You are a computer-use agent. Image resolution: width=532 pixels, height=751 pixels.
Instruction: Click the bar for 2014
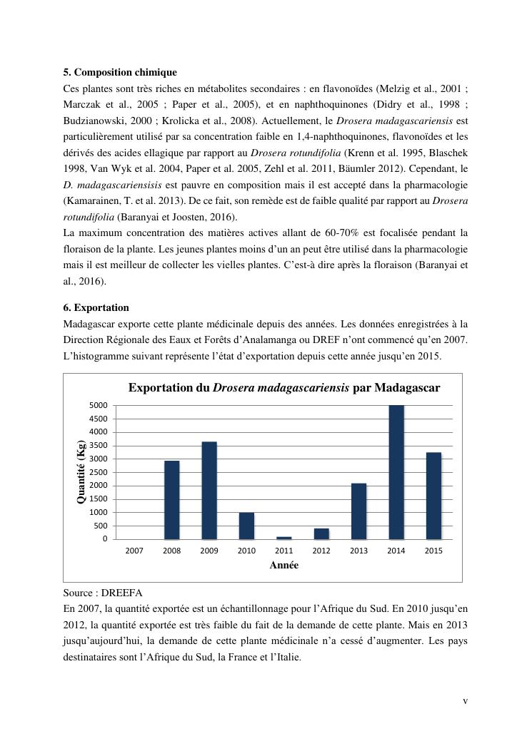click(x=396, y=472)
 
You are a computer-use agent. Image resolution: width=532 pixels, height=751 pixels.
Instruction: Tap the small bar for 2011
click(x=284, y=538)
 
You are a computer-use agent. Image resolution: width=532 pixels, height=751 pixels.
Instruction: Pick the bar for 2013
click(x=359, y=511)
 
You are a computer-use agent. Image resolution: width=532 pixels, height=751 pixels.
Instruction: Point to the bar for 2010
click(x=246, y=526)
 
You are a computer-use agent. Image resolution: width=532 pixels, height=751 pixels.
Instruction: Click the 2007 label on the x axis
click(x=134, y=551)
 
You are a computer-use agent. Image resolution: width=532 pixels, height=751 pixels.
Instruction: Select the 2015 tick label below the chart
click(x=433, y=551)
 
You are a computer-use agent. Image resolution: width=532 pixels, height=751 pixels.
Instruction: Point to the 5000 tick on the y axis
click(x=99, y=405)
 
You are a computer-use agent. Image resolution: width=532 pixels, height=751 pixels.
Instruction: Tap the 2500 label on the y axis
click(x=99, y=472)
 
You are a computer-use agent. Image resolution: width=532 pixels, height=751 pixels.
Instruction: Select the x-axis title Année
click(x=283, y=566)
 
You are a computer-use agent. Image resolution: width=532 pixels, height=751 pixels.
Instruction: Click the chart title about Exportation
click(x=283, y=388)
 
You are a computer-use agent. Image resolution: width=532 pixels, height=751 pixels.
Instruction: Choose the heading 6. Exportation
click(x=96, y=307)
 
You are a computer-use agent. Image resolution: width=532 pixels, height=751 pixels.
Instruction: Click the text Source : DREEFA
click(x=99, y=593)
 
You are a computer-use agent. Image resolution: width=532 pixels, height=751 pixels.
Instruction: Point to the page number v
click(x=466, y=701)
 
